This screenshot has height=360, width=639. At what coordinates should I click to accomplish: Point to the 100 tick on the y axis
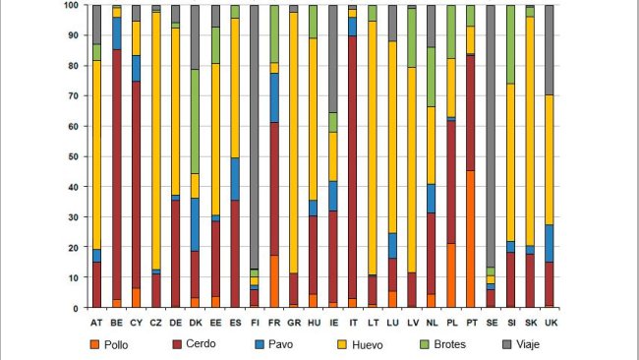coord(71,6)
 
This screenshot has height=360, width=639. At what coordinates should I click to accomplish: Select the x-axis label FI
coord(255,322)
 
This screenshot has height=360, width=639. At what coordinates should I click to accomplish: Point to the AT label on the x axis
coord(96,322)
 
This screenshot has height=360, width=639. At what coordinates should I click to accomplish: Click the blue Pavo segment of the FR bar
coord(274,97)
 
